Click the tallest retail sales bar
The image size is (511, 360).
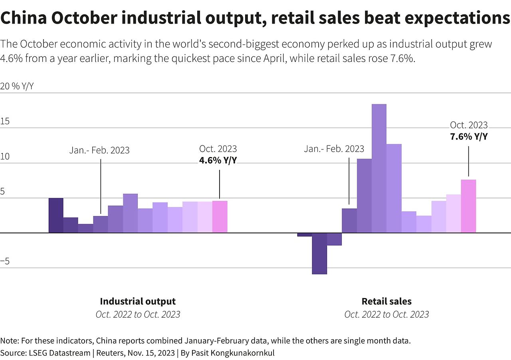379,168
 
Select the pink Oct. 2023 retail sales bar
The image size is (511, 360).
468,206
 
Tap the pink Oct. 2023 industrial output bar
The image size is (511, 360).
220,217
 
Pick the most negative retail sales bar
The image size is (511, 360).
319,253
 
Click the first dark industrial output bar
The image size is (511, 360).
56,215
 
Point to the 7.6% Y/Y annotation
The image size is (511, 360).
469,136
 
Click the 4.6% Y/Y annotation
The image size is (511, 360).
218,160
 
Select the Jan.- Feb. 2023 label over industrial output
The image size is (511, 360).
99,150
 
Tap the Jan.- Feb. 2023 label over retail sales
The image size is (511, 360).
334,149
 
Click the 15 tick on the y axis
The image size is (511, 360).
5,121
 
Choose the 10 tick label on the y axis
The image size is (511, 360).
5,157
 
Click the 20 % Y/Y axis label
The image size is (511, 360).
17,87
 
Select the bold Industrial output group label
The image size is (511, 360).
138,301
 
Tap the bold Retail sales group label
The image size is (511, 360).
386,301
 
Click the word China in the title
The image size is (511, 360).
23,18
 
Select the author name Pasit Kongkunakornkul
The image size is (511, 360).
233,353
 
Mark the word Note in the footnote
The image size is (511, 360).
9,341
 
